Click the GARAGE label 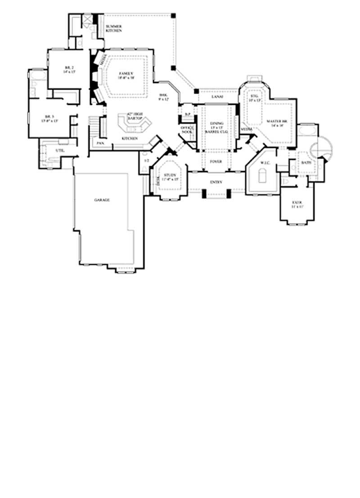102,199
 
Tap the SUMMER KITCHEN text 114,28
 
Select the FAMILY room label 125,72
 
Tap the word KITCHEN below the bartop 131,139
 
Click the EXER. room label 296,204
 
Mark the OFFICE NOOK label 186,130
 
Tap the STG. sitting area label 254,97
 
